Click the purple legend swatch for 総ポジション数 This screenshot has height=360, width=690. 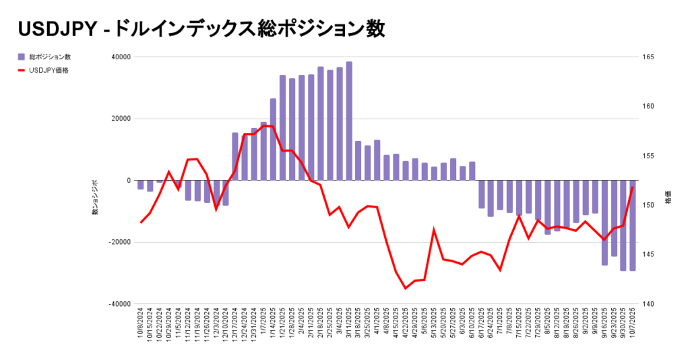pyautogui.click(x=22, y=57)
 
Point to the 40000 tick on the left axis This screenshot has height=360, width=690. pyautogui.click(x=122, y=57)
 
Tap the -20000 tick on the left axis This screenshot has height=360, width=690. pyautogui.click(x=121, y=242)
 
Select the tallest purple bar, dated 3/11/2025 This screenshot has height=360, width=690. pyautogui.click(x=349, y=121)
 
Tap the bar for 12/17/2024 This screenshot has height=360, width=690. pyautogui.click(x=235, y=156)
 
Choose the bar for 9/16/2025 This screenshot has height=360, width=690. pyautogui.click(x=604, y=222)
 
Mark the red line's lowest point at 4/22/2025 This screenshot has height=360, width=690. pyautogui.click(x=406, y=289)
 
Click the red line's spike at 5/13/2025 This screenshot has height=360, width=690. pyautogui.click(x=434, y=230)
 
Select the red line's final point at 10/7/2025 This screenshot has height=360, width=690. pyautogui.click(x=633, y=187)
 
